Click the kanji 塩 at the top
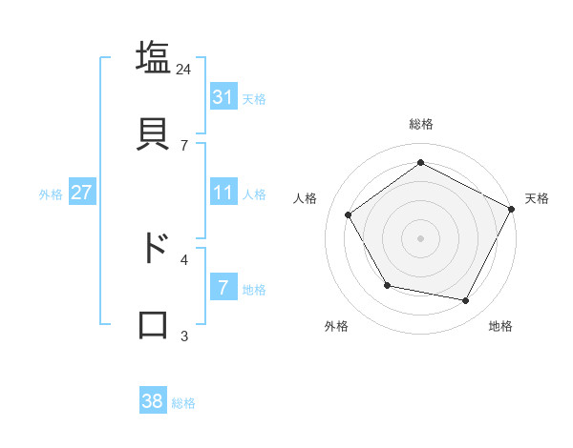point(153,57)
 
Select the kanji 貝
point(153,132)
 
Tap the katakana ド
point(153,247)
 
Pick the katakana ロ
point(153,323)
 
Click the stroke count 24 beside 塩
point(184,69)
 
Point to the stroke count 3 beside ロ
point(184,336)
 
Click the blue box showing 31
point(223,96)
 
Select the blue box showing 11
point(223,193)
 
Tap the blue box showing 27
point(82,193)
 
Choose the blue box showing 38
point(153,401)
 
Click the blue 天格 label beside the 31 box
point(254,98)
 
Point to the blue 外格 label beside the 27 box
point(51,194)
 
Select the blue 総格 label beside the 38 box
point(183,403)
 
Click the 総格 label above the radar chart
point(420,124)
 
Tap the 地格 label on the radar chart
point(500,326)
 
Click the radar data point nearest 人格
point(349,214)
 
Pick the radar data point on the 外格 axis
point(387,285)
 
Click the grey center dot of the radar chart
point(420,237)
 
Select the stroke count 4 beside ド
point(184,259)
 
